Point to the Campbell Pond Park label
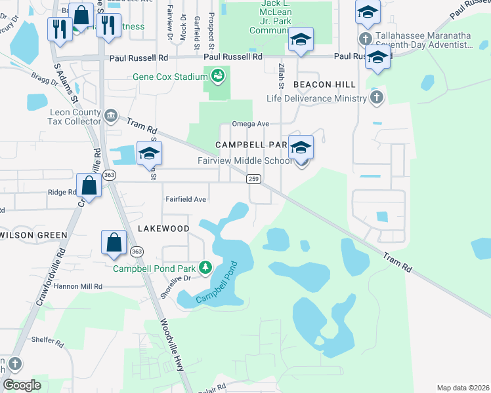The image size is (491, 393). point(154,268)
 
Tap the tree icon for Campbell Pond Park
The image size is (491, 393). point(205,267)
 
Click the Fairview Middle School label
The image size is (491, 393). point(245,161)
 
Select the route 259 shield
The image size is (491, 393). point(253,179)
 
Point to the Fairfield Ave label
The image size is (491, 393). point(186,199)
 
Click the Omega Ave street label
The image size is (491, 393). point(250,124)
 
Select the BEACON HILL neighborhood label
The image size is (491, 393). point(324,85)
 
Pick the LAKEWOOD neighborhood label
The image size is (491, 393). point(163,229)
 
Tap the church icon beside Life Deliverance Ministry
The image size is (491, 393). point(376,98)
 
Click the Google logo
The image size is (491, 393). point(22,385)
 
